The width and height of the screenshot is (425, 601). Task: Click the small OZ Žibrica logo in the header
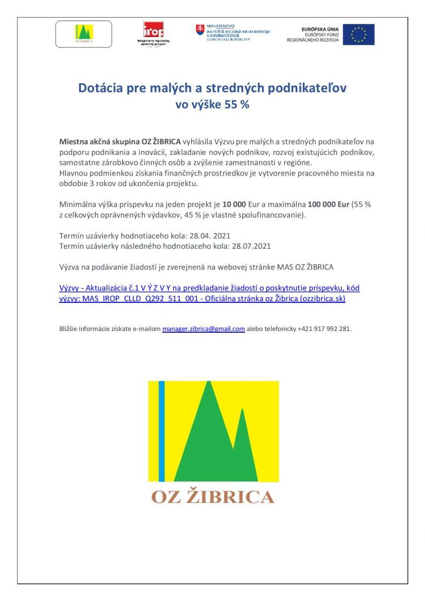84,33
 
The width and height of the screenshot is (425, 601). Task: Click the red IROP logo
153,30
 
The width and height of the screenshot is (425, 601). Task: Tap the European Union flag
359,34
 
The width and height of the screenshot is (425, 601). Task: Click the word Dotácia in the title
100,89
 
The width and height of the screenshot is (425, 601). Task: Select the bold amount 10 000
234,205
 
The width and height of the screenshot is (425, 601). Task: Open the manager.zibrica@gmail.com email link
203,329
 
